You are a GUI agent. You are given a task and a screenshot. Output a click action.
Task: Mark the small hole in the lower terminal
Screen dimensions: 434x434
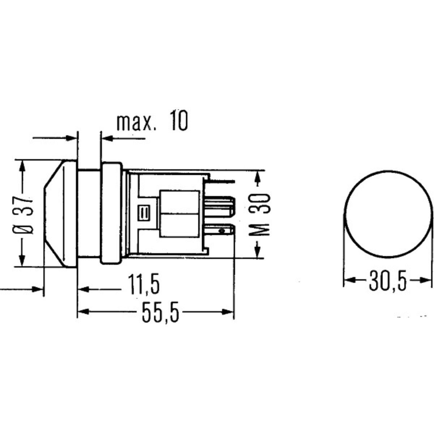221,230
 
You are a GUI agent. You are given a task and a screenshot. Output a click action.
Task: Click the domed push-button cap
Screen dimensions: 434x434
60,213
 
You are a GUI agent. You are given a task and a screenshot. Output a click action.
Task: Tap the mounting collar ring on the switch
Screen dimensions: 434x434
111,213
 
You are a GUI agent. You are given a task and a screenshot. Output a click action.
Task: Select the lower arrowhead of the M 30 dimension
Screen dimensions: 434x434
257,253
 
